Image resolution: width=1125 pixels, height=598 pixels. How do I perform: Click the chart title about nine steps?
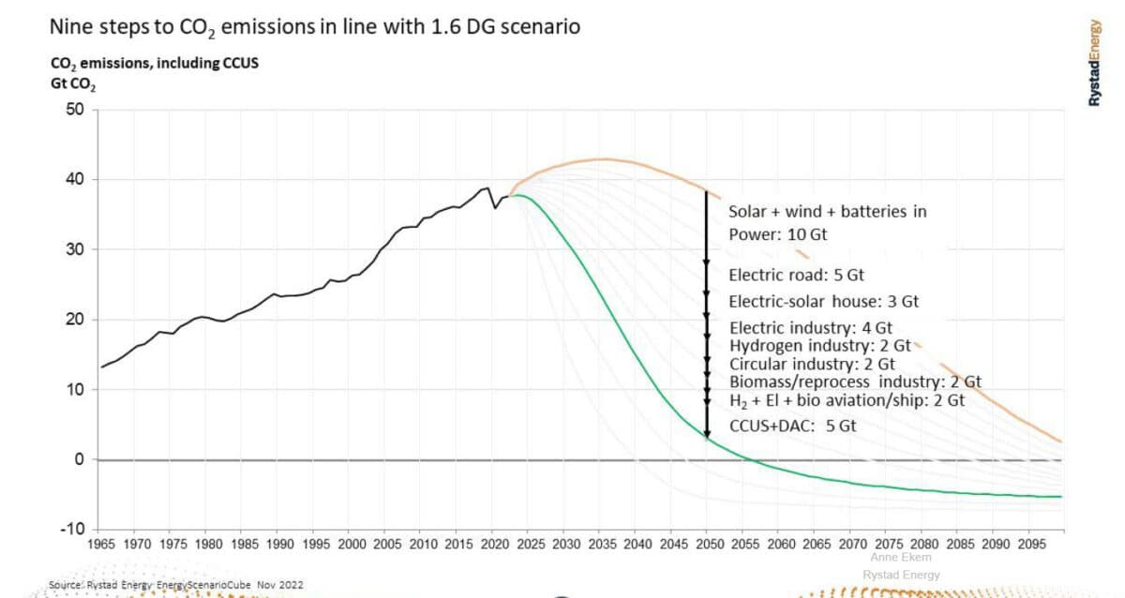coord(314,27)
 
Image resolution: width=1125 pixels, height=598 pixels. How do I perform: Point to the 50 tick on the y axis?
coord(75,110)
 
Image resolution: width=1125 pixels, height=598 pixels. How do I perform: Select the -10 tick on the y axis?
coord(73,529)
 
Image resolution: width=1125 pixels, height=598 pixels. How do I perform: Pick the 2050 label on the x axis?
coord(708,544)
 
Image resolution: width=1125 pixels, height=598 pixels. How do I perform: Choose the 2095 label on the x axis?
coord(1029,544)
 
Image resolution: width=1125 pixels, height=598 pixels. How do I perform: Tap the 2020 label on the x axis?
coord(493,544)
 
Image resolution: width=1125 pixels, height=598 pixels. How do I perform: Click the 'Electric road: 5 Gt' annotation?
coord(796,276)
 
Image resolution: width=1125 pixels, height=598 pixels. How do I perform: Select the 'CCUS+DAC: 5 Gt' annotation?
coord(792,426)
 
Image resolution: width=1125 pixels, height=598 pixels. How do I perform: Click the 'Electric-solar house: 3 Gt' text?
coord(824,302)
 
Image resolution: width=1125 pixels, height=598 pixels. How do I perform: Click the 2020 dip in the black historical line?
coord(496,207)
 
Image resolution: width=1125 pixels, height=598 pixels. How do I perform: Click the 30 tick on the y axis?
coord(75,249)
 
